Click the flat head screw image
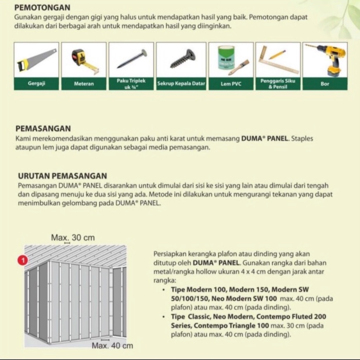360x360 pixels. coord(182,59)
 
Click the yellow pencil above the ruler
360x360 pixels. coord(278,54)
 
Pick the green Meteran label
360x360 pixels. coord(84,84)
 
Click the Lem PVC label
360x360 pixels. coord(231,84)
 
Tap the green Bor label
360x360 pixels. coord(325,84)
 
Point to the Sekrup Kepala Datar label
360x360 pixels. coord(181,84)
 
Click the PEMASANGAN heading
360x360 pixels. coord(43,129)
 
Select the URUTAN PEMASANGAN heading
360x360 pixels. coord(62,176)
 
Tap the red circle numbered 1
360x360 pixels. coord(22,261)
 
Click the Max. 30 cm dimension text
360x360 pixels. coord(73,238)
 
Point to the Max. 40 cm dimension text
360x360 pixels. coord(112,346)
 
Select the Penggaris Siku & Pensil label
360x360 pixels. coord(278,84)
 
